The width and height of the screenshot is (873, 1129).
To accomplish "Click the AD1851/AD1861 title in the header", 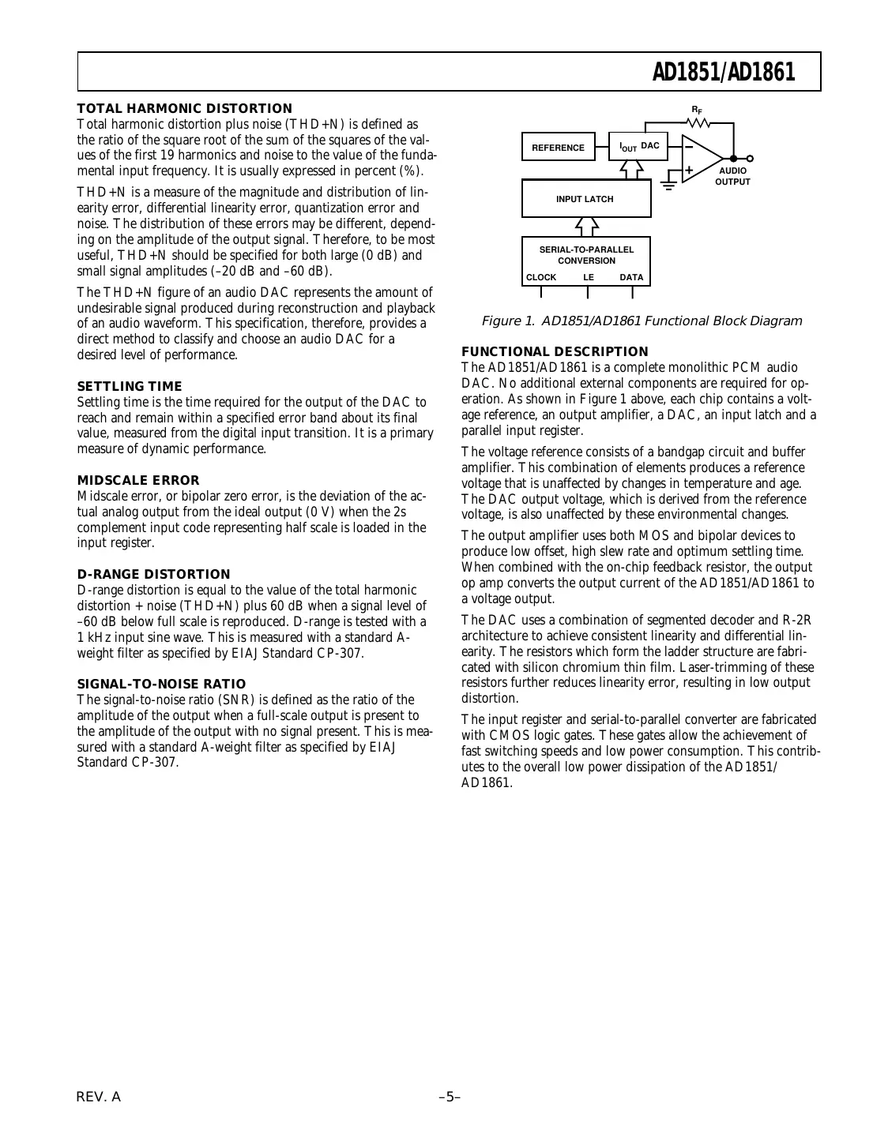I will tap(722, 73).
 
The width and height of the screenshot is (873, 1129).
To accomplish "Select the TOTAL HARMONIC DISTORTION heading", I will tap(184, 109).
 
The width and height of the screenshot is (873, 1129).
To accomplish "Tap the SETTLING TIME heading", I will tap(130, 386).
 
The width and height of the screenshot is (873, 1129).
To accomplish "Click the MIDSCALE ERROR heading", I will tap(138, 480).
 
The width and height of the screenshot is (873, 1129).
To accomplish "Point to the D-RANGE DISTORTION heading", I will tap(154, 574).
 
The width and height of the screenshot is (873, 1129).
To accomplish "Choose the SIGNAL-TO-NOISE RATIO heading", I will tap(161, 684).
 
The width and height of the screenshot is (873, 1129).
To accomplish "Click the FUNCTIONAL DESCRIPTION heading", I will tap(555, 351).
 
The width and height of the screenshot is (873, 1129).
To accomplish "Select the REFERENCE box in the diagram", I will tap(558, 148).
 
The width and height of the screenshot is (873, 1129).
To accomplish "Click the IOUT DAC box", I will tap(638, 147).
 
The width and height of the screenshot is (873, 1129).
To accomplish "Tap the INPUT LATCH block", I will tap(585, 199).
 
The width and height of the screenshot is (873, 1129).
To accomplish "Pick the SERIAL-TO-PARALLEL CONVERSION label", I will tap(586, 255).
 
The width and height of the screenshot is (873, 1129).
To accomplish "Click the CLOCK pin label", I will tap(541, 278).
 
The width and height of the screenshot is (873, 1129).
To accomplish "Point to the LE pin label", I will tap(589, 278).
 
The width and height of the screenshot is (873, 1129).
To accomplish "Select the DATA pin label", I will tap(631, 278).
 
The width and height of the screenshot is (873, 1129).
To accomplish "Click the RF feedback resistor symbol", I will tap(698, 122).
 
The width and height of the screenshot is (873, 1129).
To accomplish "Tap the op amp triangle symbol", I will tap(699, 158).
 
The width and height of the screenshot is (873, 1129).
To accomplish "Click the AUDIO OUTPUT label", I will tap(732, 176).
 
